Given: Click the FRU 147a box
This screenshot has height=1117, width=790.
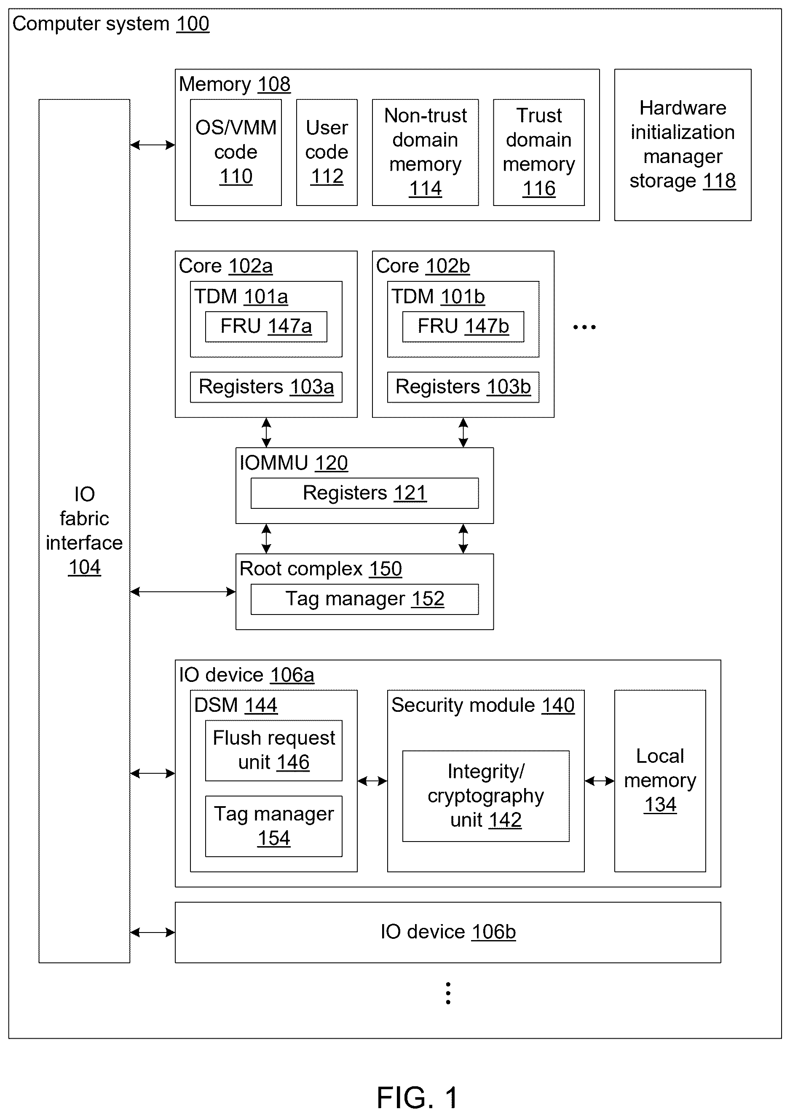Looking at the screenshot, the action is [x=266, y=326].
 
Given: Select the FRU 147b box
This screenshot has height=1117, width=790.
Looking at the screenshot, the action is [x=463, y=326].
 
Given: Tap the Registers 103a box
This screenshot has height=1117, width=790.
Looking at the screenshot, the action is [x=266, y=387].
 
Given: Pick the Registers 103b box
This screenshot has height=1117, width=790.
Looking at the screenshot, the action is [x=463, y=387].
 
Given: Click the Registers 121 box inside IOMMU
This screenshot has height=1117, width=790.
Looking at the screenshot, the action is [x=364, y=493].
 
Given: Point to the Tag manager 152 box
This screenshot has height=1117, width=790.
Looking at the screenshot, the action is [x=364, y=599].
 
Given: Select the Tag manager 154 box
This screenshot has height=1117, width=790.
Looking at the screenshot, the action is [x=273, y=826].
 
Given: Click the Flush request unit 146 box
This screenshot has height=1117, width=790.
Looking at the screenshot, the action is [x=273, y=751].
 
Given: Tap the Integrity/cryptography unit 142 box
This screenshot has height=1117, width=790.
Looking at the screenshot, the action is [x=486, y=796].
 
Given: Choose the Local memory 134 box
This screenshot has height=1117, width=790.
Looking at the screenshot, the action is [x=660, y=781].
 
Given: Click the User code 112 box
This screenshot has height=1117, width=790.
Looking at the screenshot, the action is [x=327, y=152].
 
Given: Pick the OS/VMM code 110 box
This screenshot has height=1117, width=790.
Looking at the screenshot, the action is [x=236, y=152].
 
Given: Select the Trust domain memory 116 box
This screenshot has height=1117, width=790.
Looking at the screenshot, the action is [x=539, y=152].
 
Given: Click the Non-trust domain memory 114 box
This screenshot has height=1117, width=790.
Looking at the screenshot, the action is [x=426, y=152].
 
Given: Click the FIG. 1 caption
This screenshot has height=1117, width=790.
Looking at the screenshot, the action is [x=418, y=1098].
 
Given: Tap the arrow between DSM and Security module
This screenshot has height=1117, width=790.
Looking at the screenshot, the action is [x=372, y=781].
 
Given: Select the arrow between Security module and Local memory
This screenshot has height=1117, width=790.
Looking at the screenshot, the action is [x=600, y=781].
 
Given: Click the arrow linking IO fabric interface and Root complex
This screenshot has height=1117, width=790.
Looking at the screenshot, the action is [x=183, y=592].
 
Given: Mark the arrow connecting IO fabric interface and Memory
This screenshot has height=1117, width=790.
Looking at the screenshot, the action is [x=153, y=145].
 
